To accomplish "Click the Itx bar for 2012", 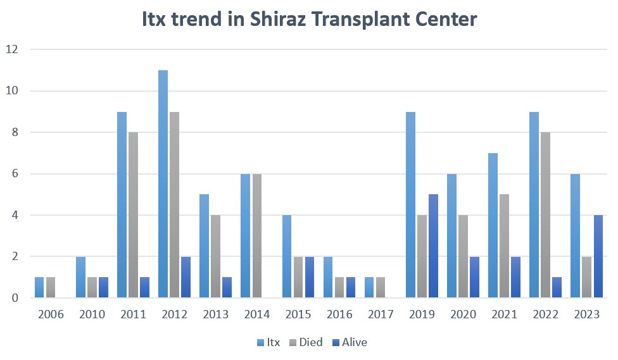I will [x=163, y=183].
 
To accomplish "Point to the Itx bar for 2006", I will [x=39, y=287].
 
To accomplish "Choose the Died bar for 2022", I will [x=546, y=214].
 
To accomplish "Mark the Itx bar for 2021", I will [x=493, y=225].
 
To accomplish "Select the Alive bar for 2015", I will [x=308, y=276].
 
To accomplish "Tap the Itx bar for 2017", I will [x=370, y=287].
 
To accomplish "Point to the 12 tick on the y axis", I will [x=13, y=49].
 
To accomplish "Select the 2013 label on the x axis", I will [x=217, y=314].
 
